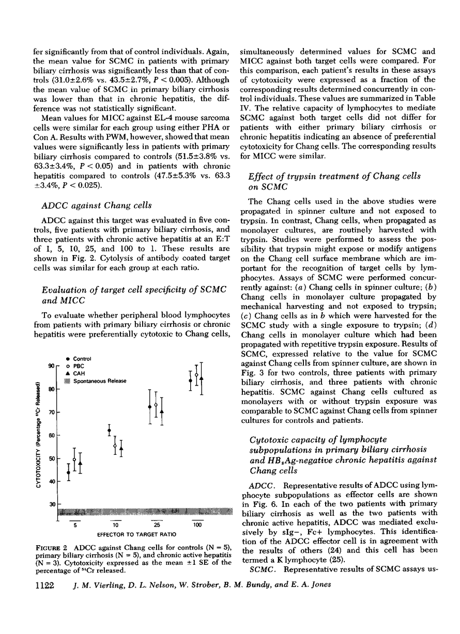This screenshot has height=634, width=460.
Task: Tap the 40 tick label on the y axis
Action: click(51, 481)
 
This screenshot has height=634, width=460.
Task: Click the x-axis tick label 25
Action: click(155, 525)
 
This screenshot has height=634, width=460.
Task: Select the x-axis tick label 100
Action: click(197, 525)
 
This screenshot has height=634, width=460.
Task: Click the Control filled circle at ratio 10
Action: click(109, 431)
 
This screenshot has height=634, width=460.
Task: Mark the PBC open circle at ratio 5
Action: click(74, 459)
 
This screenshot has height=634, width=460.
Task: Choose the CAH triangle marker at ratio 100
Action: click(202, 378)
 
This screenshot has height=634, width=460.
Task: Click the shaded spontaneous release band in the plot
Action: click(140, 512)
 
